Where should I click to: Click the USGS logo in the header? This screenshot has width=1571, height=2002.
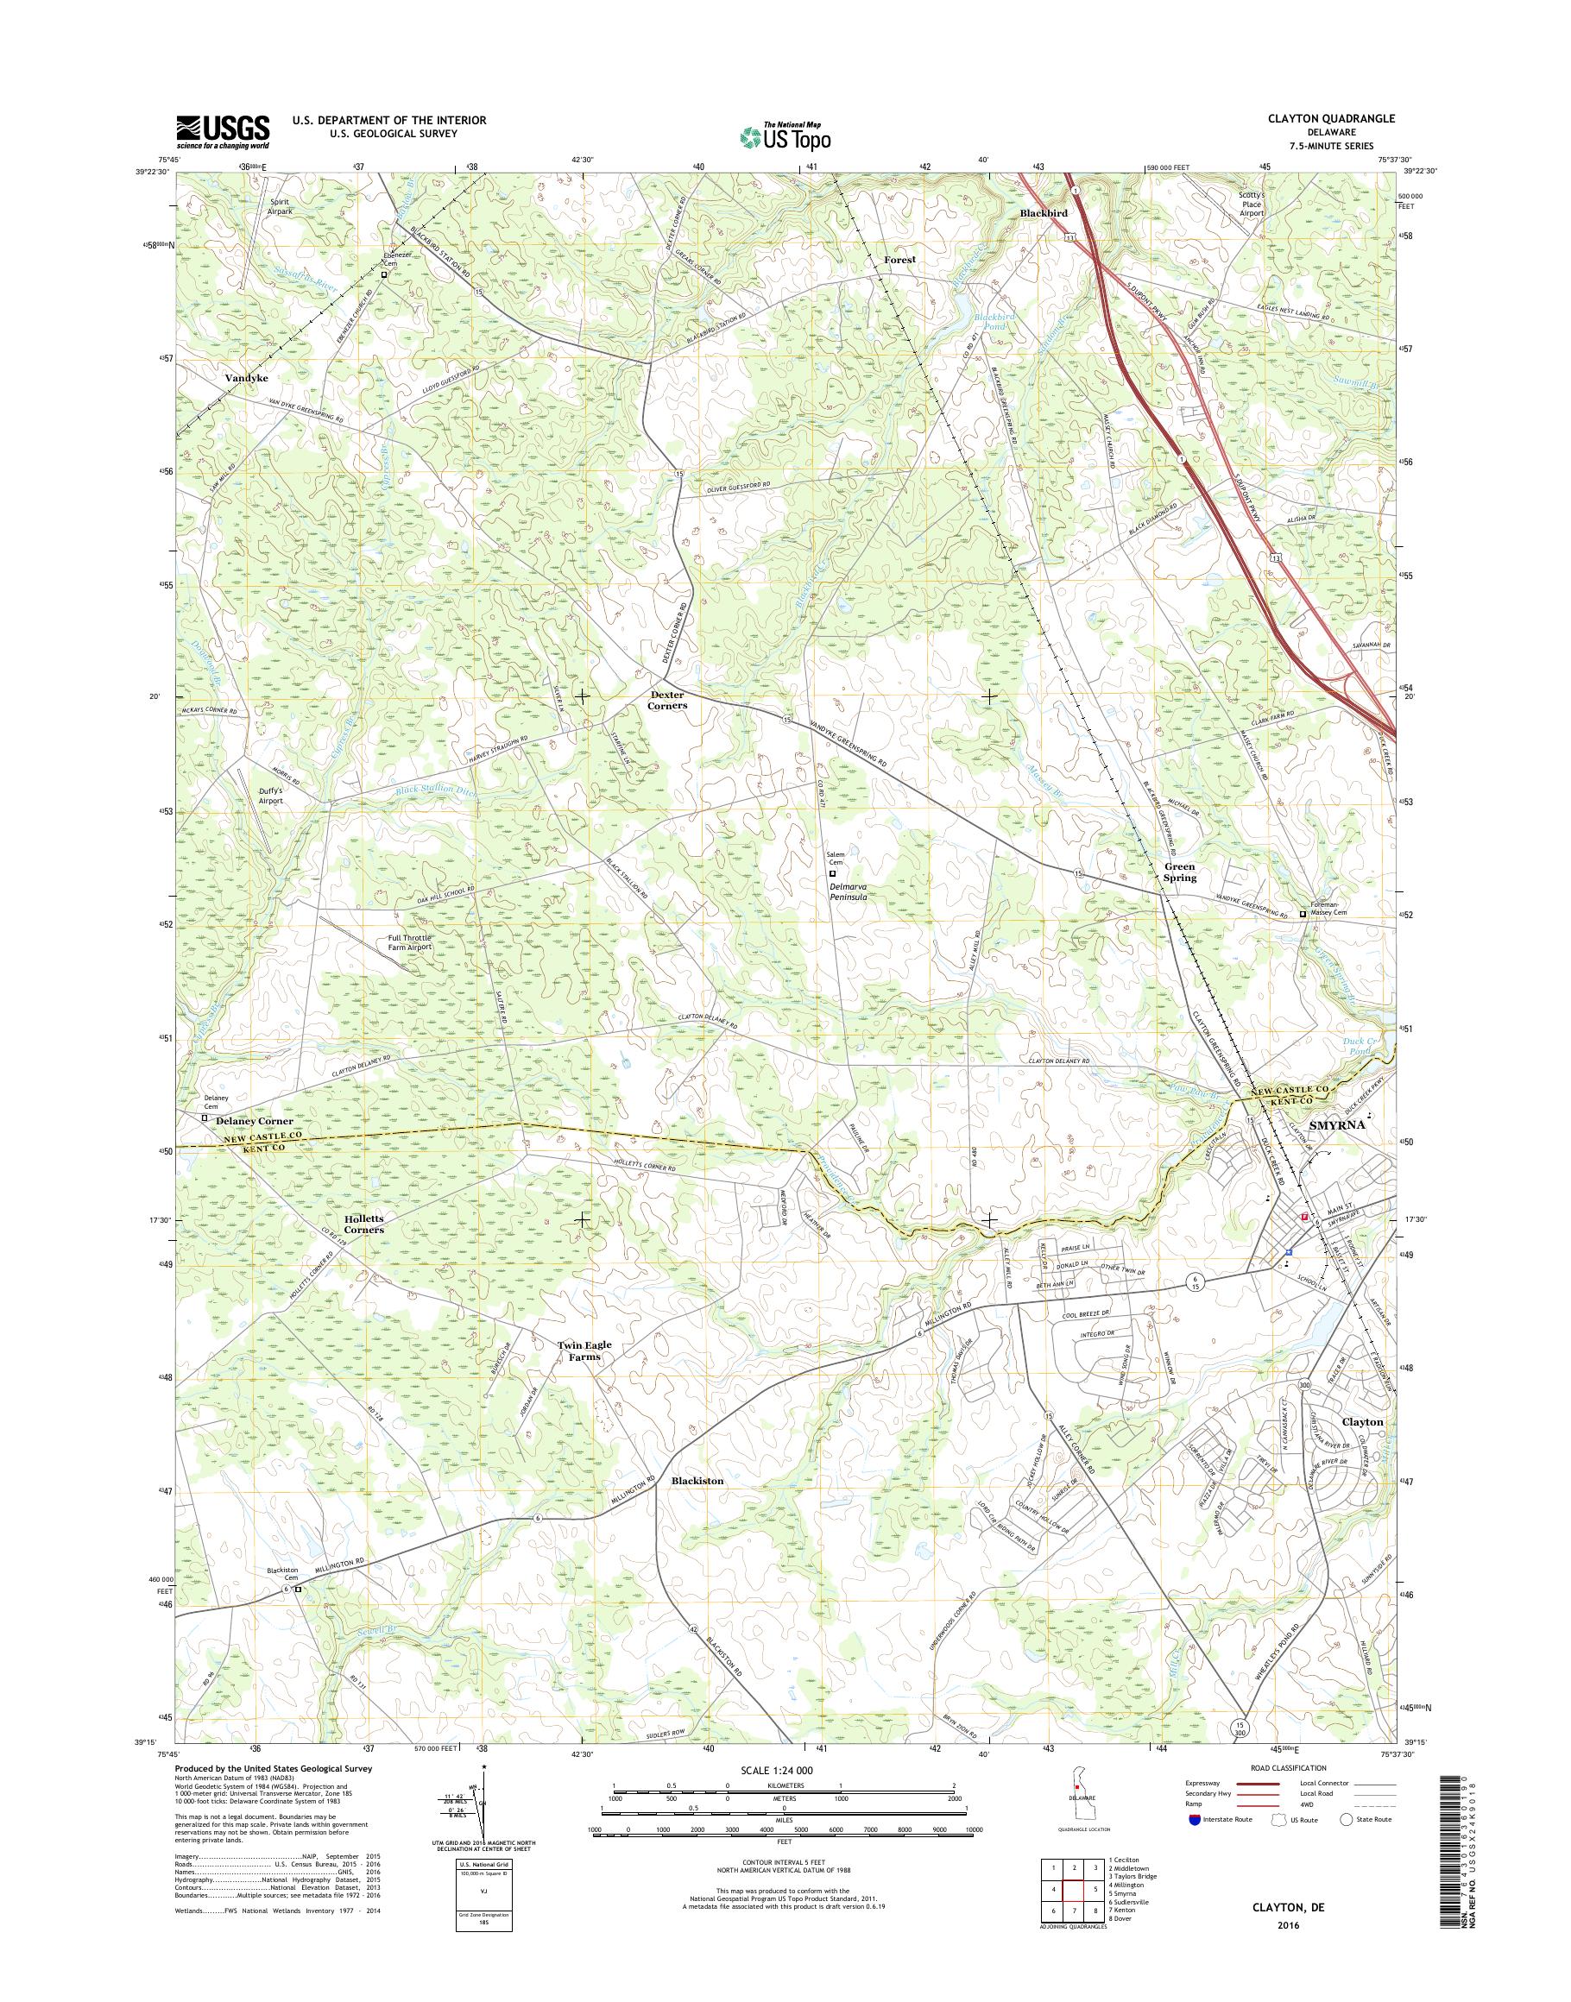tap(223, 131)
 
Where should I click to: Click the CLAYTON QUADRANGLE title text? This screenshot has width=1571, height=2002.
tap(1321, 118)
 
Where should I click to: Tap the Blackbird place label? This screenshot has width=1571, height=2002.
tap(1044, 213)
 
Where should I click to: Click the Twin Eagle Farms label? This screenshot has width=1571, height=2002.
tap(584, 1350)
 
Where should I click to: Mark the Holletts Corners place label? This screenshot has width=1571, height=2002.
tap(363, 1223)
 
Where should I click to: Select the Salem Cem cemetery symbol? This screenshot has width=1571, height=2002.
tap(833, 873)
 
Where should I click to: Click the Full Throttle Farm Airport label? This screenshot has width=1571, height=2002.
tap(408, 942)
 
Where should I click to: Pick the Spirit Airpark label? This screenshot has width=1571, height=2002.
tap(280, 206)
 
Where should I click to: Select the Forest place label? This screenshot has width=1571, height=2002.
tap(899, 260)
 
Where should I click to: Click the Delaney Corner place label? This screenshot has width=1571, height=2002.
tap(255, 1121)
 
